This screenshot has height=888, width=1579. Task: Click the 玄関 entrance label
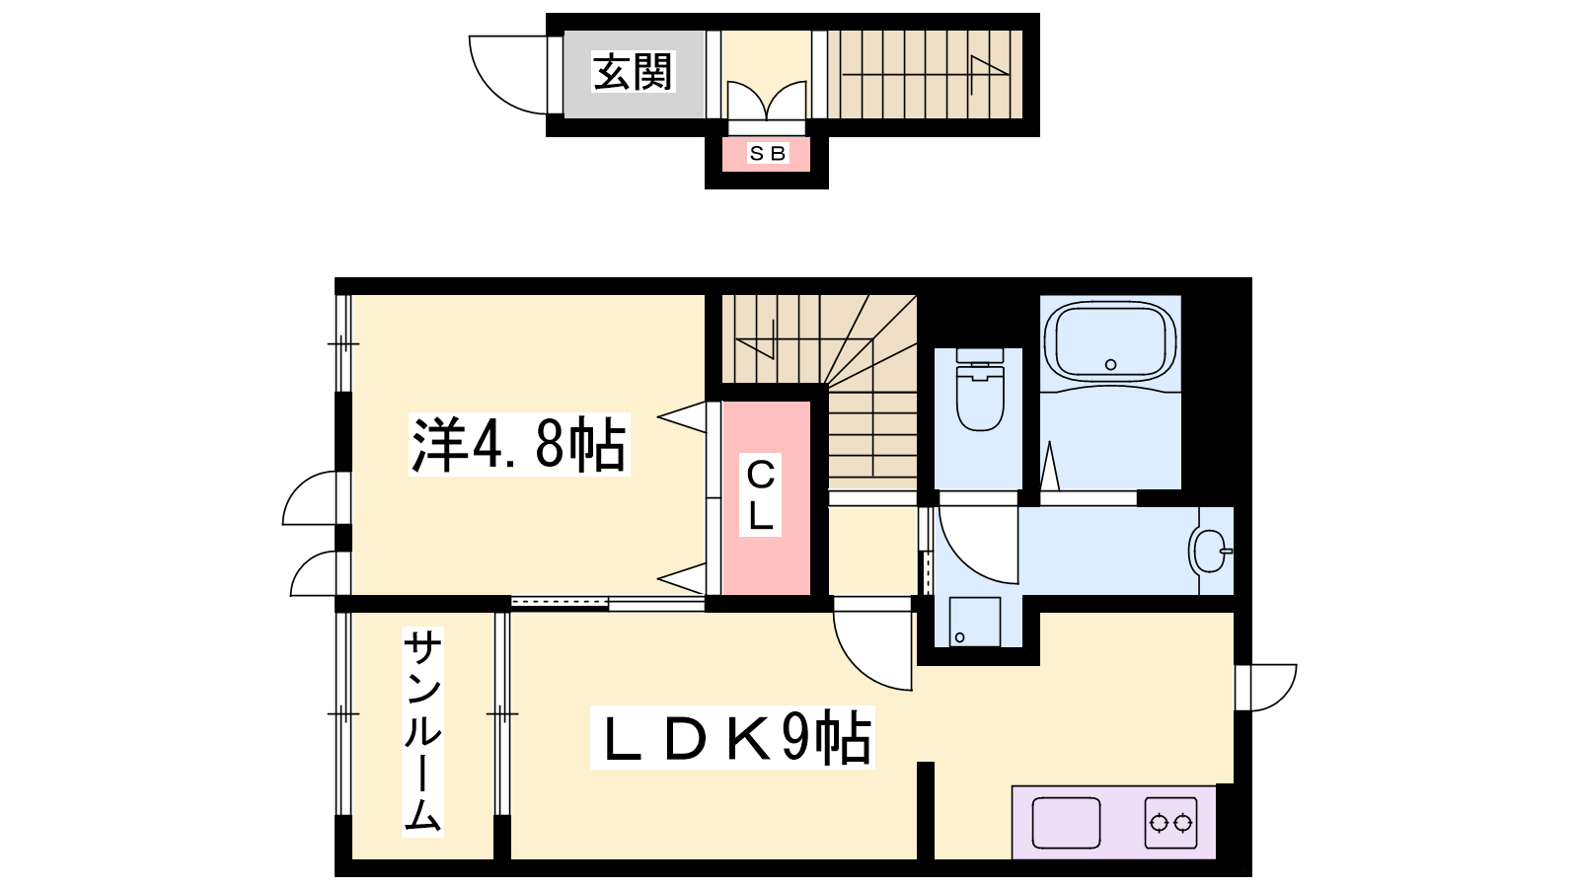point(633,72)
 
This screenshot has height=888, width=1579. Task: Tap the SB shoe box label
point(767,153)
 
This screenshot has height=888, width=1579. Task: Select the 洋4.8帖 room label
point(519,445)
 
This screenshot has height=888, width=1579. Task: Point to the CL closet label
point(760,494)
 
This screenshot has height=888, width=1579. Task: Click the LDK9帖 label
point(732,737)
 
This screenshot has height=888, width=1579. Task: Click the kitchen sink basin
point(1066,823)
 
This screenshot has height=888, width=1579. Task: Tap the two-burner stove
point(1170,823)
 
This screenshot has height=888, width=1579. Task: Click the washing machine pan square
point(975,622)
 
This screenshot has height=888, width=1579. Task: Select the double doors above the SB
point(767,101)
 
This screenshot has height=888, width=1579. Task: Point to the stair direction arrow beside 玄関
point(925,74)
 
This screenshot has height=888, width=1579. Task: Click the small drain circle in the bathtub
point(1111,364)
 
